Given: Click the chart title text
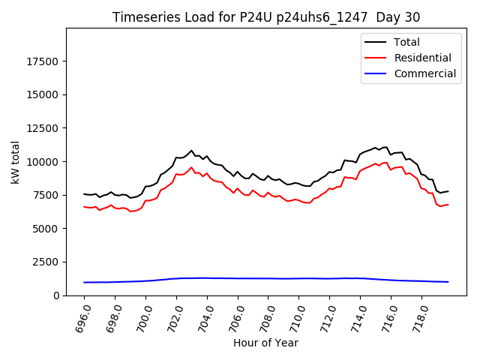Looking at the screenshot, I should (x=266, y=17).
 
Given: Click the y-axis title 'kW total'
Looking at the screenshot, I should (x=15, y=162).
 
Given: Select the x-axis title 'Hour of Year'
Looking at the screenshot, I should (x=265, y=343).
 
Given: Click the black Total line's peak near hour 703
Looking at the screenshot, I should (x=191, y=151).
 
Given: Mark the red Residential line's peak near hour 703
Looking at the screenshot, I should (x=191, y=167).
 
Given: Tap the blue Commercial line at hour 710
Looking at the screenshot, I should (x=299, y=278).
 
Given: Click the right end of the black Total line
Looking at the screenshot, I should (x=448, y=191).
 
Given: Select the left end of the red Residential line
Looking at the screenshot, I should (x=84, y=206).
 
